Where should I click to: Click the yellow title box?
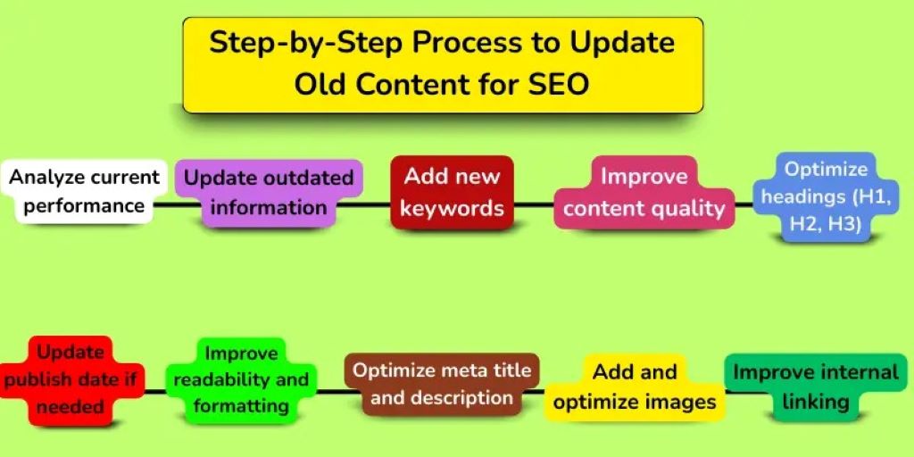(x=443, y=64)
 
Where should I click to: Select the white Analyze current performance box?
(x=84, y=191)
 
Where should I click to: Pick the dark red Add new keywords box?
(x=452, y=192)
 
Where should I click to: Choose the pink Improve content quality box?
(x=644, y=192)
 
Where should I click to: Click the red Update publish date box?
(x=71, y=379)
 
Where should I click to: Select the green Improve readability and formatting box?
(x=241, y=379)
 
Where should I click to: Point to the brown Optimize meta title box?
(x=442, y=384)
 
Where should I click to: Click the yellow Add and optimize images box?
(x=635, y=386)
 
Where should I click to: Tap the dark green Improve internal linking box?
(x=816, y=386)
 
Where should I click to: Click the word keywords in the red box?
(x=452, y=209)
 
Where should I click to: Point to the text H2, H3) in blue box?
(x=826, y=225)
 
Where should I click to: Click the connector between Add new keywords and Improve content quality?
(x=534, y=204)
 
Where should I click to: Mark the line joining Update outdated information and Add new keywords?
(x=364, y=204)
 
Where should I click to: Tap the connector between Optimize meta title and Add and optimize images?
(x=562, y=391)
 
